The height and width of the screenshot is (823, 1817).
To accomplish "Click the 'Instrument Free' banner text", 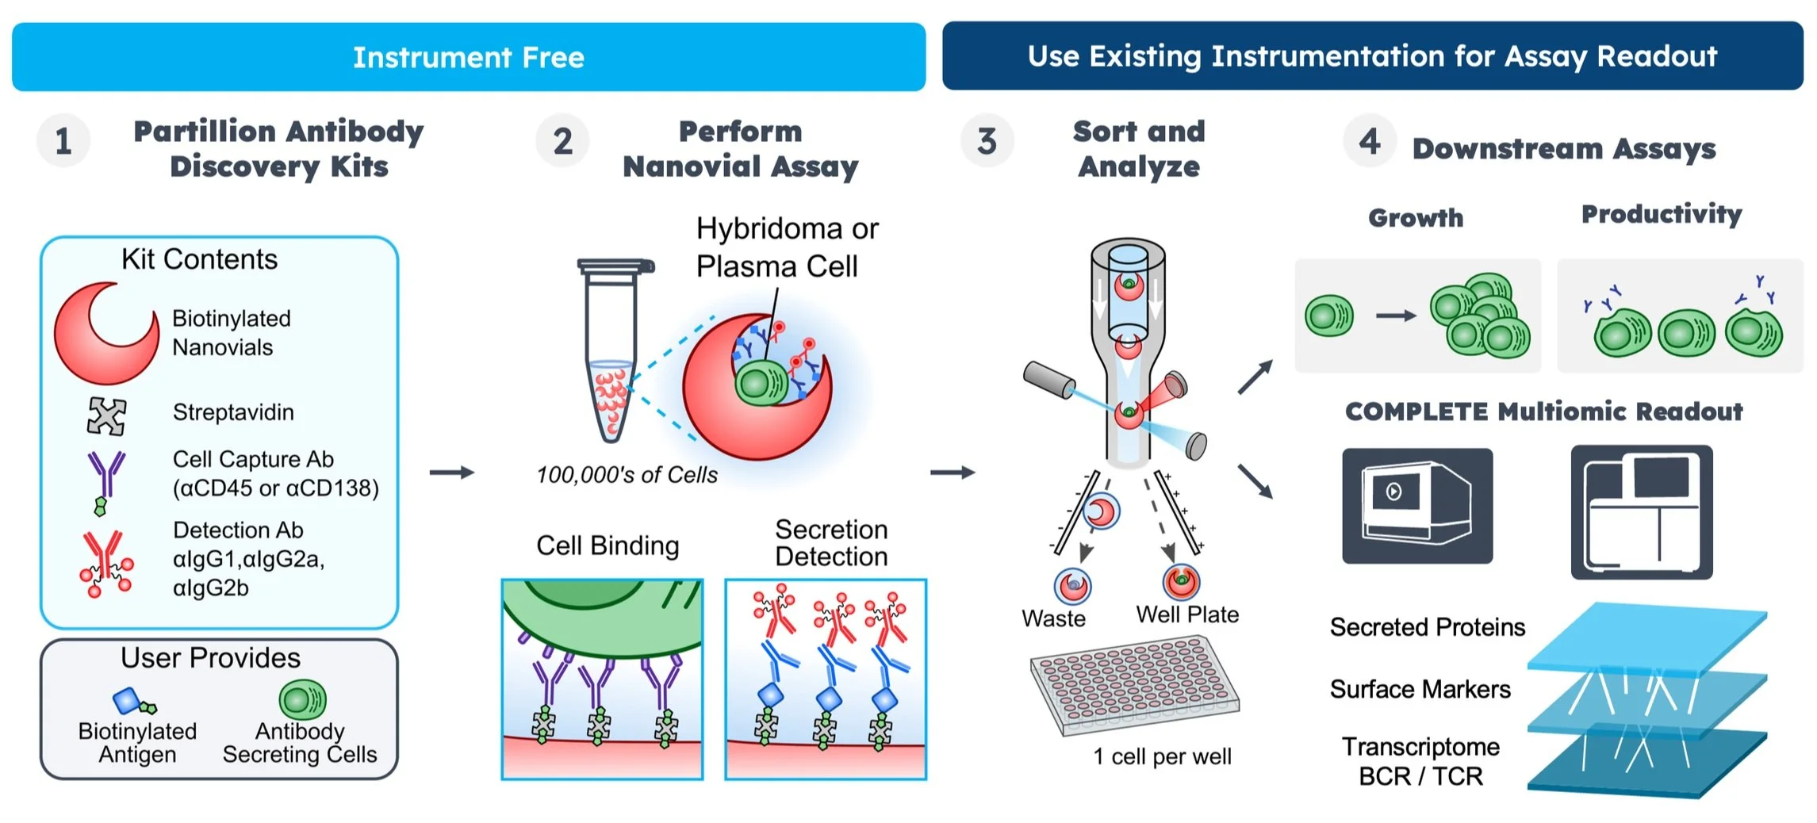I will coord(468,57).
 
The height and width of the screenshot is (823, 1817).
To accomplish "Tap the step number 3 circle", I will coord(987,141).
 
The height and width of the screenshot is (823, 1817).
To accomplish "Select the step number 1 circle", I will coord(63,141).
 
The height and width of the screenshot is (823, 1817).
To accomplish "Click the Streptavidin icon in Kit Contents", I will coord(106,415).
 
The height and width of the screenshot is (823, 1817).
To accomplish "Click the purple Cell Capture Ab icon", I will coord(105,480).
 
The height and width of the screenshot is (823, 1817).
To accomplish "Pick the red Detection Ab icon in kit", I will coord(106,563).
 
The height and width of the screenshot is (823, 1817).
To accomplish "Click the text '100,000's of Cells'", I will coord(627,474).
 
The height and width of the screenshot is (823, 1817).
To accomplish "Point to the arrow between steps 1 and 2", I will coord(451,473).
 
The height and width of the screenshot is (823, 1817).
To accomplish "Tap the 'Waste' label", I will coord(1053,618).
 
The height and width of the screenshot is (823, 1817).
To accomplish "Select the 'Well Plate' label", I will coord(1186,614).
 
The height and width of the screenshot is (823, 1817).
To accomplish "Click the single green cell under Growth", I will coord(1329,316).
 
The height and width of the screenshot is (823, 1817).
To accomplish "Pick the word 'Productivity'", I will coord(1661,214).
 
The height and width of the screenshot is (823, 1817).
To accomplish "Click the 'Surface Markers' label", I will coord(1420,689).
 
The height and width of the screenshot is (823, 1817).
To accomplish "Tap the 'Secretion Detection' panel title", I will coord(830,543).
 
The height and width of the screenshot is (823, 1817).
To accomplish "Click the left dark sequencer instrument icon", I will coord(1416,506).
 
